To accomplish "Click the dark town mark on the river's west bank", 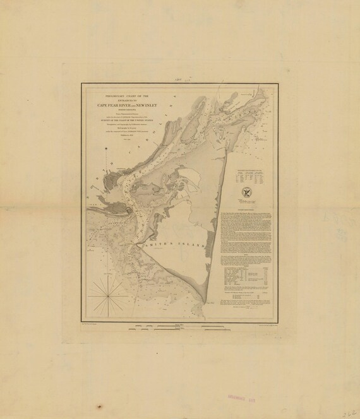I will click(129, 212).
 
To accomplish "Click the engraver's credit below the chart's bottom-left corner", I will click(95, 321).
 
